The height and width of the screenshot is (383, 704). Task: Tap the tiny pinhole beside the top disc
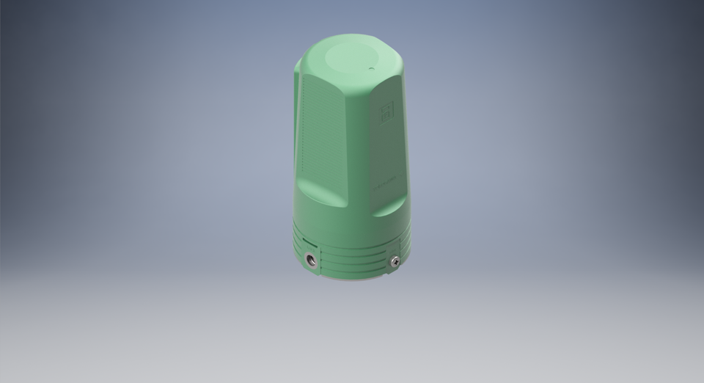click(371, 68)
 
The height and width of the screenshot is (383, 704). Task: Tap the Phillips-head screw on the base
click(395, 259)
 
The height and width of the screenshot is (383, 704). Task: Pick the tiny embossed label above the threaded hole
click(308, 245)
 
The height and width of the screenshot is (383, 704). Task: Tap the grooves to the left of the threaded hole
click(297, 246)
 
